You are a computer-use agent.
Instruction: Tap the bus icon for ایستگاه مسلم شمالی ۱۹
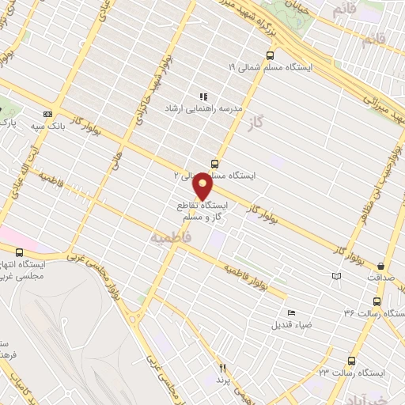pos(271,56)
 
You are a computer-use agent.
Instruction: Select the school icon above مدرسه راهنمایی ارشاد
pos(203,96)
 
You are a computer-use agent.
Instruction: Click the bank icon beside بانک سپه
pos(47,114)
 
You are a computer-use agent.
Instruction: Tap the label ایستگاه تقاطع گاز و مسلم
pos(202,210)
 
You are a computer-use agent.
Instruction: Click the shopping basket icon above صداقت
pos(383,267)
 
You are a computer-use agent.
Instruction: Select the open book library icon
pos(337,276)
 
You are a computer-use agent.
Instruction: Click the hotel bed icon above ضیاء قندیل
pos(291,313)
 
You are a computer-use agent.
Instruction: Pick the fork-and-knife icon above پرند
pos(222,368)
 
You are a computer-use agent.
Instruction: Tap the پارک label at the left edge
pos(7,124)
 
